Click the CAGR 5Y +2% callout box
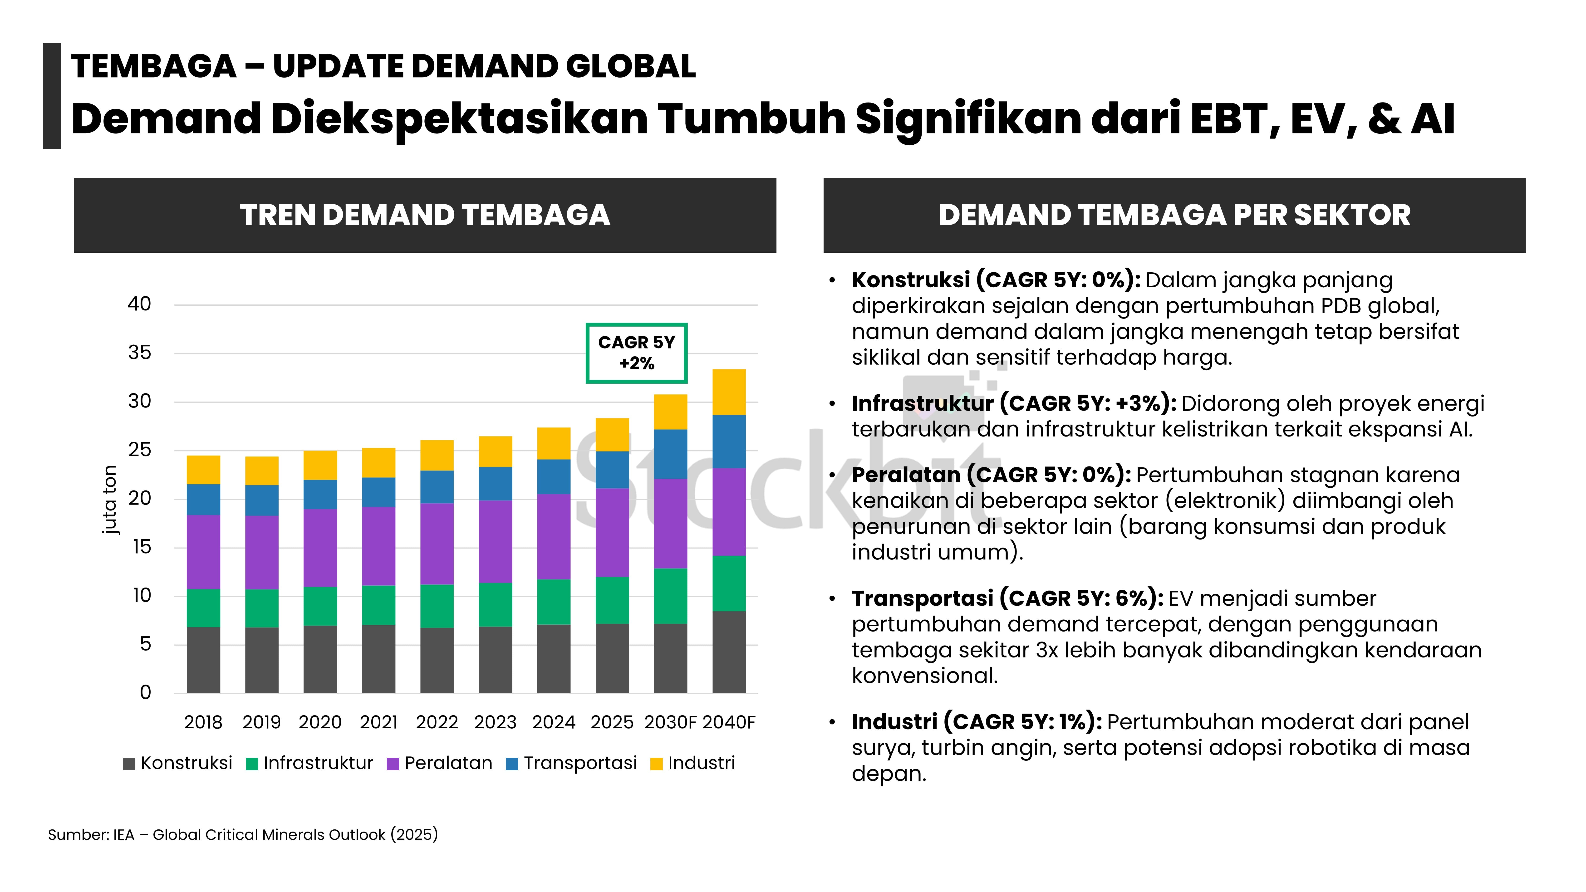(x=636, y=353)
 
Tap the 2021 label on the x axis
(x=378, y=722)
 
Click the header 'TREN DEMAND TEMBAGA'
(x=425, y=215)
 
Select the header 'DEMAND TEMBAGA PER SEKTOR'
(x=1174, y=215)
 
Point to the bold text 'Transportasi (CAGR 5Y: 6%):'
(x=1007, y=598)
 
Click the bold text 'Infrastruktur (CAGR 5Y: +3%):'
(x=1013, y=403)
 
